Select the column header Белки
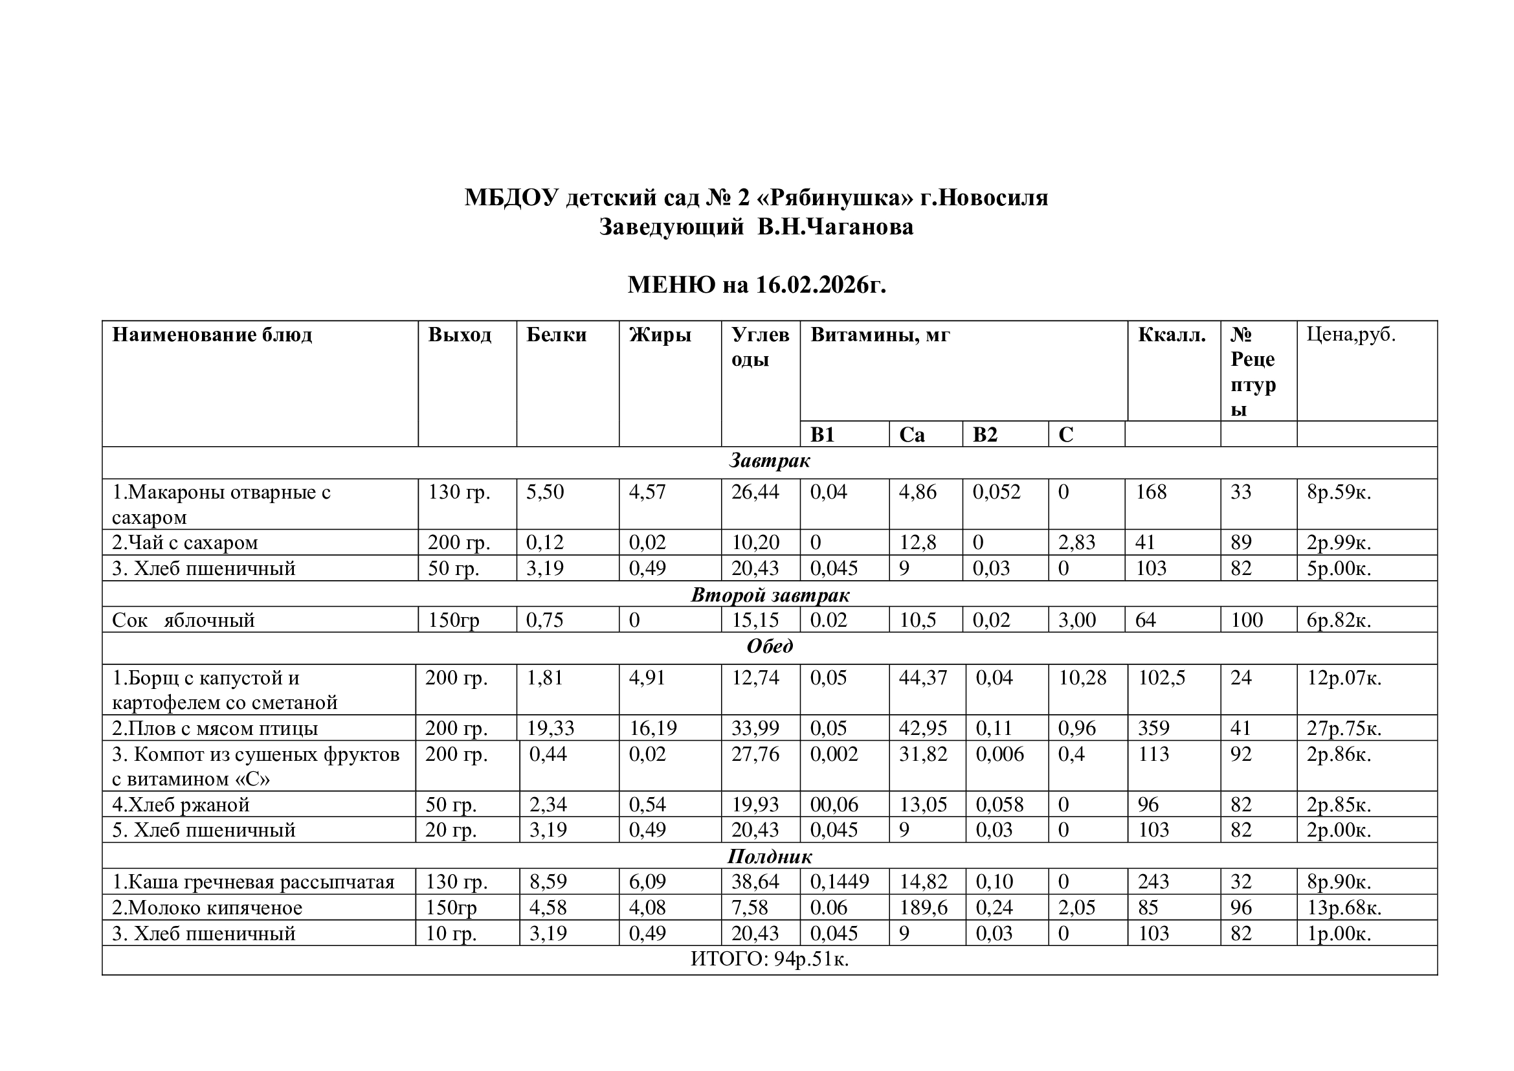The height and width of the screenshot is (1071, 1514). [x=556, y=335]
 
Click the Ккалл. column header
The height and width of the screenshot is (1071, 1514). [x=1171, y=335]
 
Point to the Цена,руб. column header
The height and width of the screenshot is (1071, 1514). [x=1351, y=334]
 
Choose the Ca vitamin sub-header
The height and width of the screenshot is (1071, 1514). [x=911, y=434]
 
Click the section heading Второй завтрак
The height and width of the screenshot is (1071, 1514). [x=770, y=595]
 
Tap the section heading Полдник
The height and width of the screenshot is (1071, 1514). [x=770, y=856]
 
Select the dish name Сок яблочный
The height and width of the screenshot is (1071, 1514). [x=183, y=620]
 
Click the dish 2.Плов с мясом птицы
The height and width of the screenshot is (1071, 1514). [x=215, y=728]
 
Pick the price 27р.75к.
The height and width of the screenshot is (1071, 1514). [x=1344, y=728]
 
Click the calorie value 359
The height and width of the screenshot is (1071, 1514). [x=1153, y=728]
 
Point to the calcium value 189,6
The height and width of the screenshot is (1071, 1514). [x=923, y=908]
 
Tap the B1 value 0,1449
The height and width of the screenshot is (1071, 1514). [x=840, y=882]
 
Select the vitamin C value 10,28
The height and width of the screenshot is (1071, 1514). [x=1082, y=678]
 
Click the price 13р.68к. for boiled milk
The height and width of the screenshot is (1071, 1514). [x=1344, y=908]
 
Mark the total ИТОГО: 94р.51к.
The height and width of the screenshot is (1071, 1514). [x=770, y=960]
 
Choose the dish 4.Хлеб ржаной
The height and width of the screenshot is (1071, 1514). [x=181, y=805]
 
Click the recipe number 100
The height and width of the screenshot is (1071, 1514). [x=1246, y=620]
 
